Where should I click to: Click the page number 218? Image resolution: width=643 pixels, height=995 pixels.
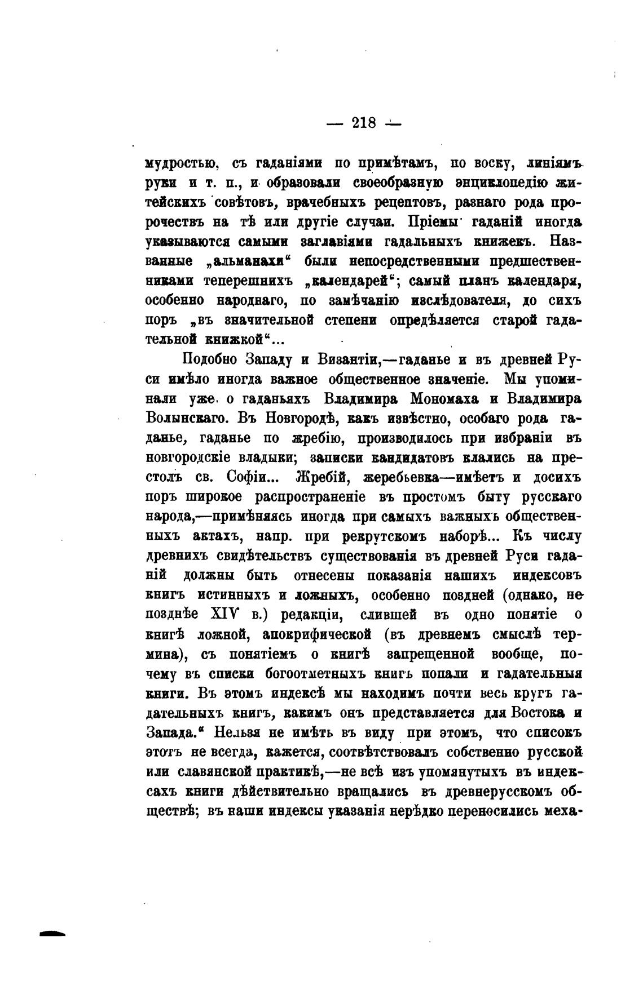(364, 122)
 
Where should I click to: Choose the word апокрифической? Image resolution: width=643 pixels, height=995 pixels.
(318, 634)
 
